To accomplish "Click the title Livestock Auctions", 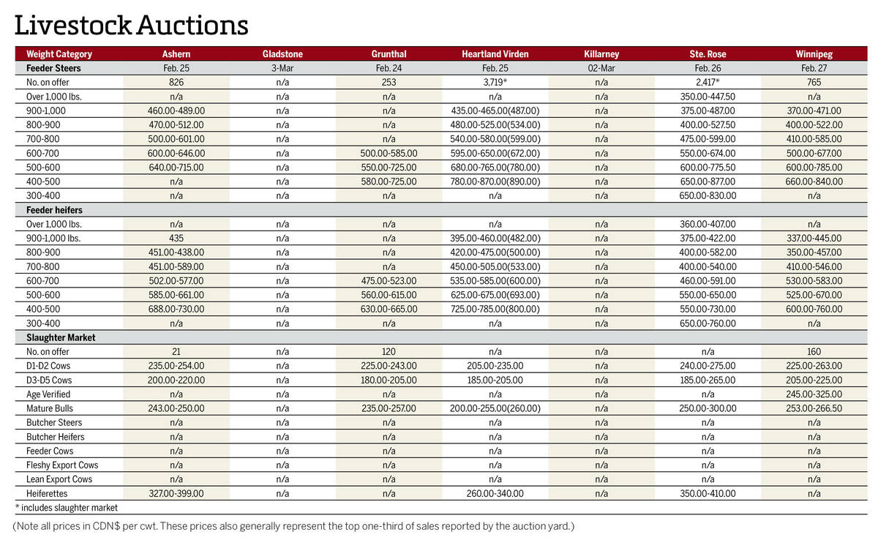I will click(132, 25).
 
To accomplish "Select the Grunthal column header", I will click(389, 54).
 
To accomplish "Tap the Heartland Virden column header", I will click(495, 54).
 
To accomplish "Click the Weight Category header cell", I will click(59, 54).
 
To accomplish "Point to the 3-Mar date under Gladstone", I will click(282, 68).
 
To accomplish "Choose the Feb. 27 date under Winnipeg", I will click(814, 68).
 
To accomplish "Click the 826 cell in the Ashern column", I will click(176, 83).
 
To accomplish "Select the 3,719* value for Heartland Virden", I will click(495, 83).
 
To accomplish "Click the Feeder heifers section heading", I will click(49, 210).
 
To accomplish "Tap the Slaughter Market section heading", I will click(56, 338).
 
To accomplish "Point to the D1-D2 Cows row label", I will click(49, 366).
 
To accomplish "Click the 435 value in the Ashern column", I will click(176, 239).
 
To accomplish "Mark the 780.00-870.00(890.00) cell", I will click(495, 181).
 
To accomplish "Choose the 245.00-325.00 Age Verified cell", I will click(814, 394).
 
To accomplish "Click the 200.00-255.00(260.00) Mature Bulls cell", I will click(495, 408).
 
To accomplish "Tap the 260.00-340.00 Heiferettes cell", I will click(495, 494).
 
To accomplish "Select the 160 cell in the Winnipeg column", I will click(814, 352).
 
